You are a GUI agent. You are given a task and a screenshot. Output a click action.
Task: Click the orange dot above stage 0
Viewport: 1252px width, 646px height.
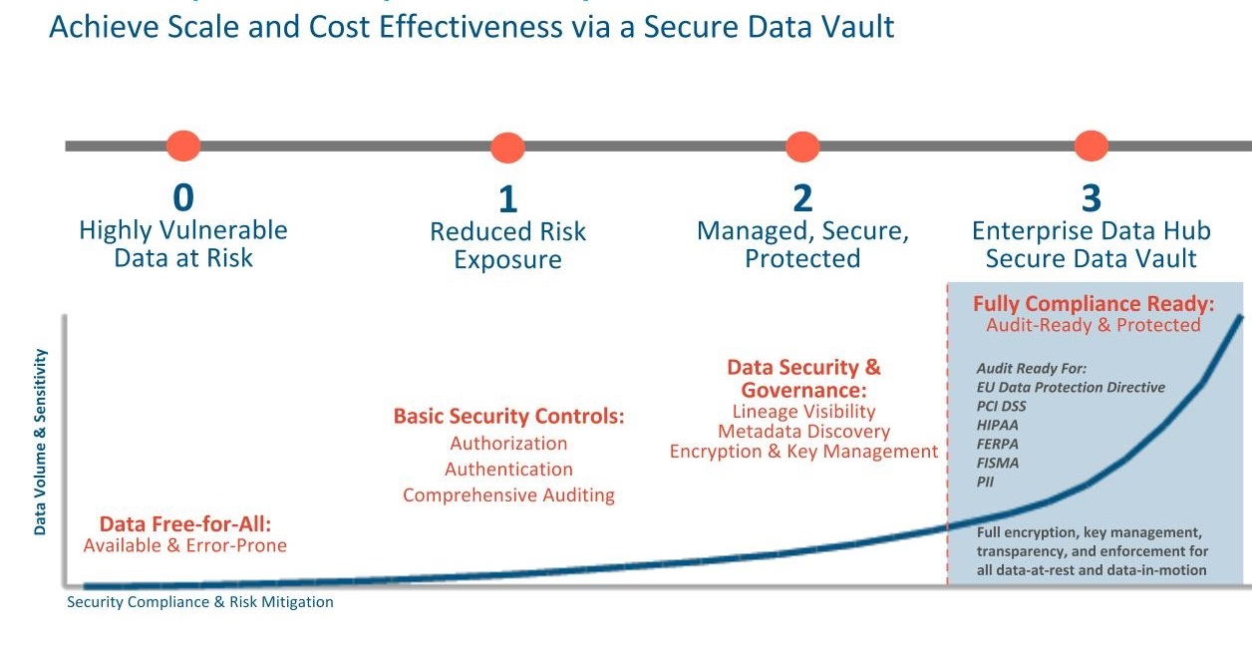click(183, 146)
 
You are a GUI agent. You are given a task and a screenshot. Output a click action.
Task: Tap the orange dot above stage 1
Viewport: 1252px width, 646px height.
click(507, 148)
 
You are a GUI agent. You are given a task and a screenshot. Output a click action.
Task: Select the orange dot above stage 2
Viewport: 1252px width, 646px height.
click(802, 147)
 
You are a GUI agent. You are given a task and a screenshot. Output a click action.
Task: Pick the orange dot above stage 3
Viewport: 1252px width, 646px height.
click(1092, 146)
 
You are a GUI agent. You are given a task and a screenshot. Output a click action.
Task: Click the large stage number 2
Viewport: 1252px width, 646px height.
click(802, 197)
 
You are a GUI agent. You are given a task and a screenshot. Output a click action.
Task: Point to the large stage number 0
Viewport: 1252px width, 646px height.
click(183, 197)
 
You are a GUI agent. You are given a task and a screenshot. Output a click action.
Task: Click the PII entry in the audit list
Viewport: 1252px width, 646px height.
click(985, 482)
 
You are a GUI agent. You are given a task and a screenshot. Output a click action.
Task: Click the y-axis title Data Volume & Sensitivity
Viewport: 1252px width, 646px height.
click(40, 442)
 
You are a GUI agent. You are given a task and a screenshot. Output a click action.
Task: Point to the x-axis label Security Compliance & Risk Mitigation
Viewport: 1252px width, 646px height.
click(200, 602)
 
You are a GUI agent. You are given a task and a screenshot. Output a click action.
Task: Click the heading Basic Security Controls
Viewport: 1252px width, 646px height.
click(508, 417)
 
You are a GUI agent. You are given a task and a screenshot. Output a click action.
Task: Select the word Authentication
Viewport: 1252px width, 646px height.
click(508, 469)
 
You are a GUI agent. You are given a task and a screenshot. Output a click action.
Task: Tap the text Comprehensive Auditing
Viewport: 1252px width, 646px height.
click(508, 495)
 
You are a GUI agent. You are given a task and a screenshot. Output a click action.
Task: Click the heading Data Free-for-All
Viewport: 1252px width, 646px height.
click(185, 524)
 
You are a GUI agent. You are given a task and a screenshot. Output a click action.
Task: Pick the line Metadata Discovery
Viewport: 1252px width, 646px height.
click(803, 432)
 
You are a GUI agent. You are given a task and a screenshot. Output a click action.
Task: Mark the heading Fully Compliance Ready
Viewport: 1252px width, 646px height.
click(1094, 304)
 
